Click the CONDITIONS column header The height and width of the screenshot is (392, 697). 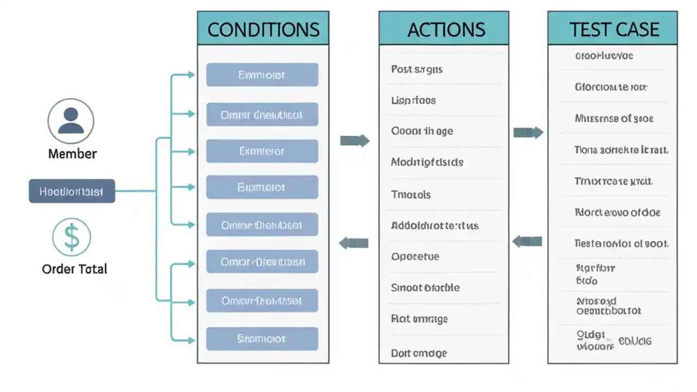coord(263,29)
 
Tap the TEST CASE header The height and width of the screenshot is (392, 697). coord(614,29)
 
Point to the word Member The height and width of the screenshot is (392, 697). coord(72,154)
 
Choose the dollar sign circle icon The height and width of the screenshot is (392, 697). coord(71,237)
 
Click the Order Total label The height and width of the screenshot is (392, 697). coord(75,269)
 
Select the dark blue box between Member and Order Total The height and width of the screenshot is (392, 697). coord(72,192)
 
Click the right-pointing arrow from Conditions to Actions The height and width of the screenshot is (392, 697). coord(354,141)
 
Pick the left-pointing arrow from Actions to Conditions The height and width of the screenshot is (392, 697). coord(354,243)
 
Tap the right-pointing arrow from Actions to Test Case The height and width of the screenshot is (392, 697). coord(528,132)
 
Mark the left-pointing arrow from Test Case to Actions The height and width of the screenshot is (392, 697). coord(527,241)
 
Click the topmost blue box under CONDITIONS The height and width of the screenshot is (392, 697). coord(262,75)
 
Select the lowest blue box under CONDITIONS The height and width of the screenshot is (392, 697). coord(262,339)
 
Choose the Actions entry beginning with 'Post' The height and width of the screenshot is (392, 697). coord(417,69)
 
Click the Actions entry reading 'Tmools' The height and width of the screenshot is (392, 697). coord(411,194)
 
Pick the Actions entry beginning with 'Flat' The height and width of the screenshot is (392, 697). coord(419,318)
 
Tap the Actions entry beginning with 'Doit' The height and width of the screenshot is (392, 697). coord(419,353)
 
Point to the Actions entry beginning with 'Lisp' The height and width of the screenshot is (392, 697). coord(413,100)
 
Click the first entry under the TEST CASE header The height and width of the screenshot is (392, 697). coord(604,56)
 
